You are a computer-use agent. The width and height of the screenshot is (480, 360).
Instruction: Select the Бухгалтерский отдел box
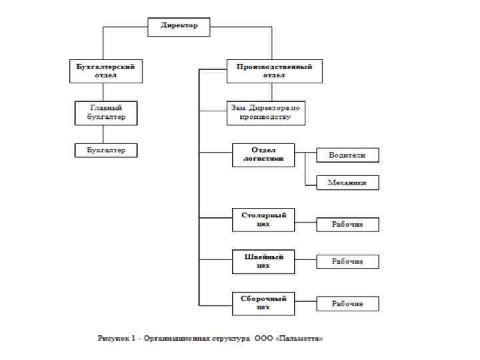pos(106,71)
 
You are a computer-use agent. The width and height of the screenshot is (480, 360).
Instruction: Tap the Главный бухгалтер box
pos(106,112)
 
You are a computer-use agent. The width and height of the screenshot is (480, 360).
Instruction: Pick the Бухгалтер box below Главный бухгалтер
pos(106,150)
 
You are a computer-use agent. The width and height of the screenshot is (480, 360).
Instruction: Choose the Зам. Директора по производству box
pos(265,113)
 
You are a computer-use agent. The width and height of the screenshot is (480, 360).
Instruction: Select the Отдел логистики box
pos(263,155)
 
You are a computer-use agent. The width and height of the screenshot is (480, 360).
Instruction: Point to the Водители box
pos(347,155)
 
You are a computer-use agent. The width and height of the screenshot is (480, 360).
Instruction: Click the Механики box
pos(347,183)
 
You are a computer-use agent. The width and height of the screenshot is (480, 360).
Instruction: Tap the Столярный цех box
pos(263,220)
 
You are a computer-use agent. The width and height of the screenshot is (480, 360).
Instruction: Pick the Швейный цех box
pos(263,261)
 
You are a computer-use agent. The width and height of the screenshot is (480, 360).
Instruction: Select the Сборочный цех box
pos(263,303)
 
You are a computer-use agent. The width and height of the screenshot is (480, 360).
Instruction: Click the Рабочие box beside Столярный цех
pos(347,225)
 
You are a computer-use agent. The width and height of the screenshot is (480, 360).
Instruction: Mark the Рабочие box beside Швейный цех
pos(347,261)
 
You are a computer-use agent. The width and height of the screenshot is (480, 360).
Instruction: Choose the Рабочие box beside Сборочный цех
pos(347,303)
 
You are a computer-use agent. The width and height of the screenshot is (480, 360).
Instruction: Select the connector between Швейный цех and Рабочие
pos(305,261)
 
